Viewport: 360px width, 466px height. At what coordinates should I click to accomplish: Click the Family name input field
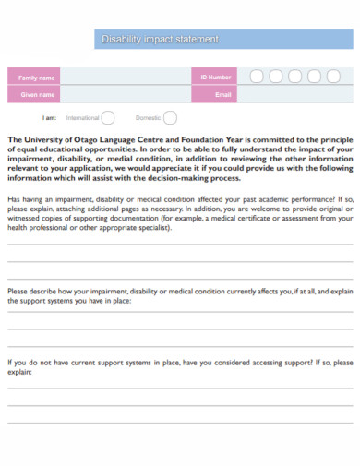[126, 78]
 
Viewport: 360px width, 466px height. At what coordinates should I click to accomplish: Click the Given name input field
[126, 94]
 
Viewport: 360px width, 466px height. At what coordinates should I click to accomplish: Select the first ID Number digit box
[257, 77]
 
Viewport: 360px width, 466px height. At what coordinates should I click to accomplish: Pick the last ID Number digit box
[334, 77]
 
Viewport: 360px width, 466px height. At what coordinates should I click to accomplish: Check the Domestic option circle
[171, 117]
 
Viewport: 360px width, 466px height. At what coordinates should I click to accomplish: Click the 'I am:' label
[49, 118]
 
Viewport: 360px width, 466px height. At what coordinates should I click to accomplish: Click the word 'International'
[83, 118]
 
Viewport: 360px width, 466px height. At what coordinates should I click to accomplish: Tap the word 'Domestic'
[148, 118]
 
